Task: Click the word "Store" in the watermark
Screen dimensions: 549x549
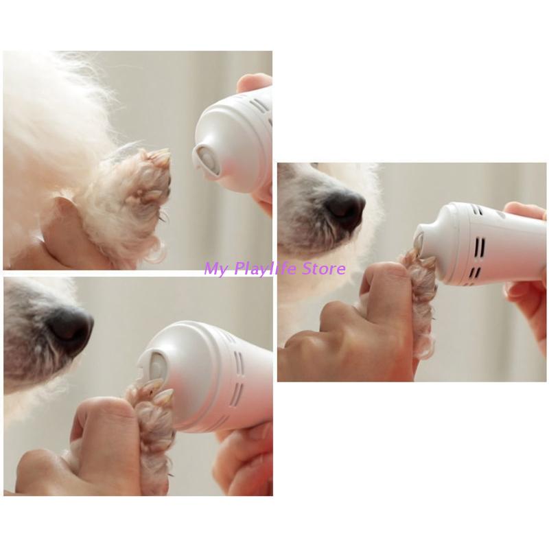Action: coord(324,269)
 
